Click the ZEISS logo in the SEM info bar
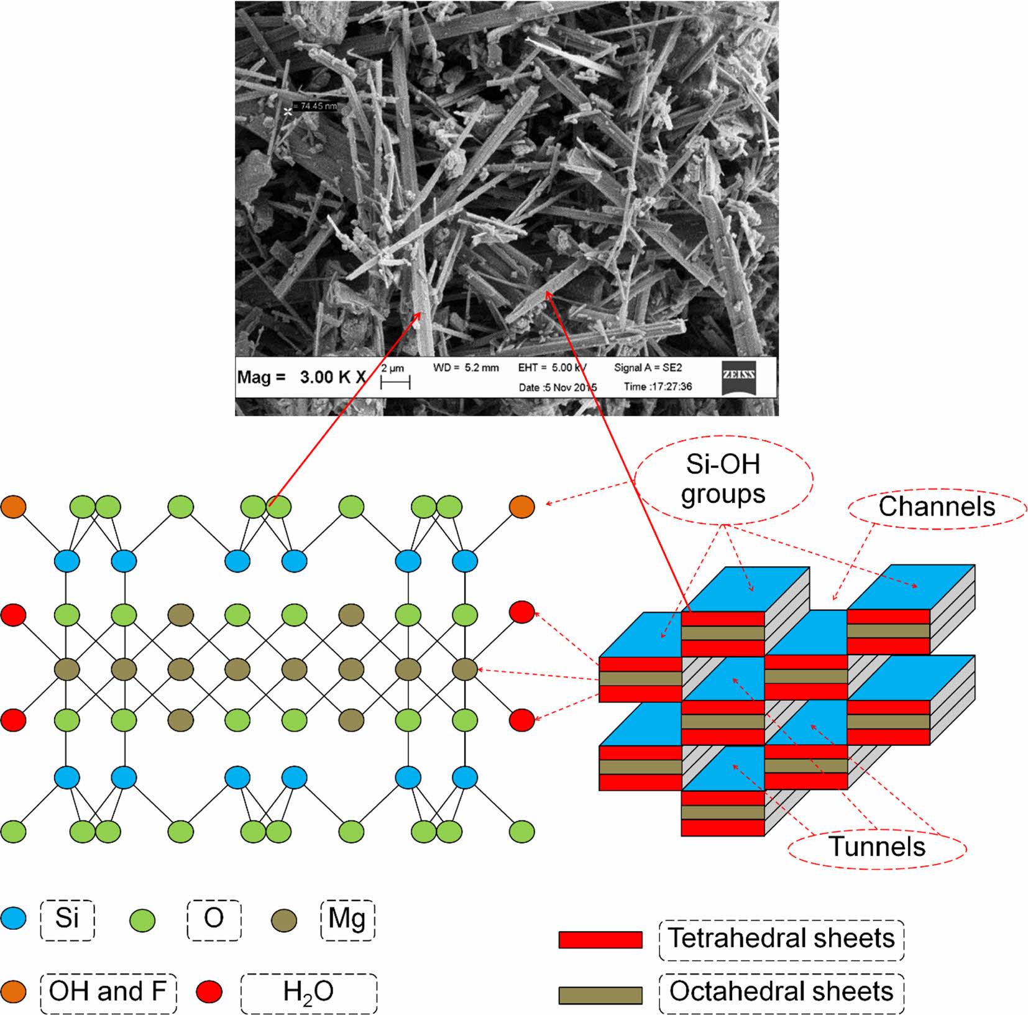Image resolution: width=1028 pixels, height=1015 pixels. tap(738, 377)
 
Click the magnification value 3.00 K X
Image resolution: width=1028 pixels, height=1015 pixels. tap(333, 377)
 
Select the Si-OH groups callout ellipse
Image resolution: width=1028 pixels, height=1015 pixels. tap(723, 479)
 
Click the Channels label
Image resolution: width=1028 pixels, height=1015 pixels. tap(937, 507)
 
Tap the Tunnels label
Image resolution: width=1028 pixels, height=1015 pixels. tap(877, 847)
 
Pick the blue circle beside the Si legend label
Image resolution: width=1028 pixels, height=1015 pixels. tap(13, 918)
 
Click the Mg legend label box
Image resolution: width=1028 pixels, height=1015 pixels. tap(347, 919)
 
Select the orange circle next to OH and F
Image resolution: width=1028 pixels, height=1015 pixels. tap(13, 991)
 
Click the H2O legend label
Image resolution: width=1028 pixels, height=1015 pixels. tap(308, 993)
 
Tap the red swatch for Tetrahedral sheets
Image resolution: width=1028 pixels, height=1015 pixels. tap(600, 939)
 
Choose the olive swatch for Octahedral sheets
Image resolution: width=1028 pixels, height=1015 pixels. tap(600, 994)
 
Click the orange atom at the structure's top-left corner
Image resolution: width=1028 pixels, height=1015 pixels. tap(13, 507)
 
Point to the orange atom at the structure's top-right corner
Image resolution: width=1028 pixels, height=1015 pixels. tap(521, 507)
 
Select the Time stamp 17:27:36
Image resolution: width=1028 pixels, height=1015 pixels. tap(658, 387)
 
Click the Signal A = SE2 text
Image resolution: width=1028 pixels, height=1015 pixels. tap(648, 368)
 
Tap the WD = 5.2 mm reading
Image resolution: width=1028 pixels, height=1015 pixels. tap(466, 368)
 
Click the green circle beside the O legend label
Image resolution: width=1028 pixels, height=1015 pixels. tap(142, 920)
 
